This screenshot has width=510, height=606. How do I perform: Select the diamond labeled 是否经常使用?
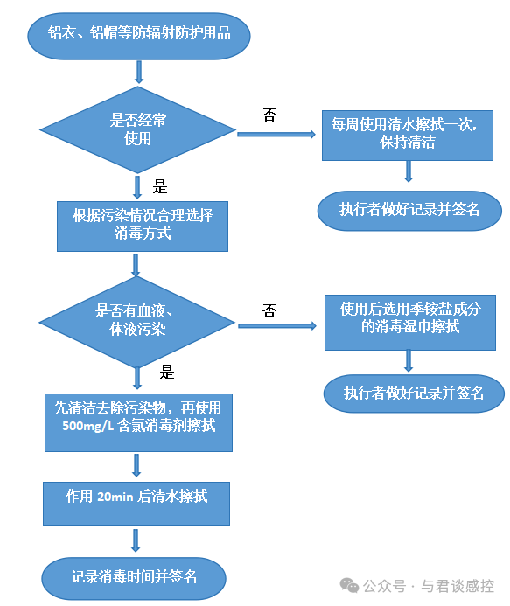pos(137,129)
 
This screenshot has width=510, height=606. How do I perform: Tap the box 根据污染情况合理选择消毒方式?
pos(137,224)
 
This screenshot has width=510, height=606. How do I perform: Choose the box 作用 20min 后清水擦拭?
pos(137,497)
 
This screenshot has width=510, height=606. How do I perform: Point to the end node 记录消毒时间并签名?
pos(134,577)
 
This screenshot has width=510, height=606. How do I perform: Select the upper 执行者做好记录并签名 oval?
pos(409,210)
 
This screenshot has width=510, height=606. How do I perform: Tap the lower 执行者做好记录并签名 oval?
pos(413,393)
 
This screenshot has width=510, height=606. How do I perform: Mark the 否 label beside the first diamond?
pos(269,115)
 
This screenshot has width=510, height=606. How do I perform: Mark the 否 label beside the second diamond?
pos(269,311)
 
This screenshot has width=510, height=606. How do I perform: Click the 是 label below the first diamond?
pos(160,186)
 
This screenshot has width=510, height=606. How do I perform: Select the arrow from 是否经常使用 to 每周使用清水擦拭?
pos(276,135)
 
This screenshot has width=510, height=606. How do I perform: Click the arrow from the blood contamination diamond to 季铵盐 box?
pos(276,325)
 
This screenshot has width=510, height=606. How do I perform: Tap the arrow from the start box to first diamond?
pos(138,72)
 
